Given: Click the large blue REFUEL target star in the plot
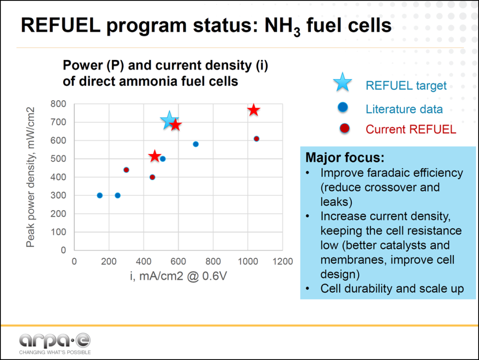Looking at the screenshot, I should [x=169, y=120].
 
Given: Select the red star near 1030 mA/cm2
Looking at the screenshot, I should [x=254, y=110].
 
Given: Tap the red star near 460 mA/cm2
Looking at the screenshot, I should [x=155, y=156].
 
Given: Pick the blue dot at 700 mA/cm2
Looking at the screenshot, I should [x=196, y=144].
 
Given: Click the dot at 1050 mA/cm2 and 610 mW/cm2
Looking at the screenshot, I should [x=256, y=139].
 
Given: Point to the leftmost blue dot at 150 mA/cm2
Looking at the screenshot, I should [x=100, y=195].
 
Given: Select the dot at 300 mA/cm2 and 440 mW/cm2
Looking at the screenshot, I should [x=126, y=170].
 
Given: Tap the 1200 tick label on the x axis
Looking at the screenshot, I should [x=282, y=261].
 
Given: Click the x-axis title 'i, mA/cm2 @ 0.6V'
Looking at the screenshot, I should [x=179, y=276].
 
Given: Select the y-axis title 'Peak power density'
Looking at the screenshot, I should [x=31, y=177].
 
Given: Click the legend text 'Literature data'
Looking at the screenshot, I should [x=404, y=110].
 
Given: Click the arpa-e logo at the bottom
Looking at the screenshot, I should [x=55, y=340].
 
